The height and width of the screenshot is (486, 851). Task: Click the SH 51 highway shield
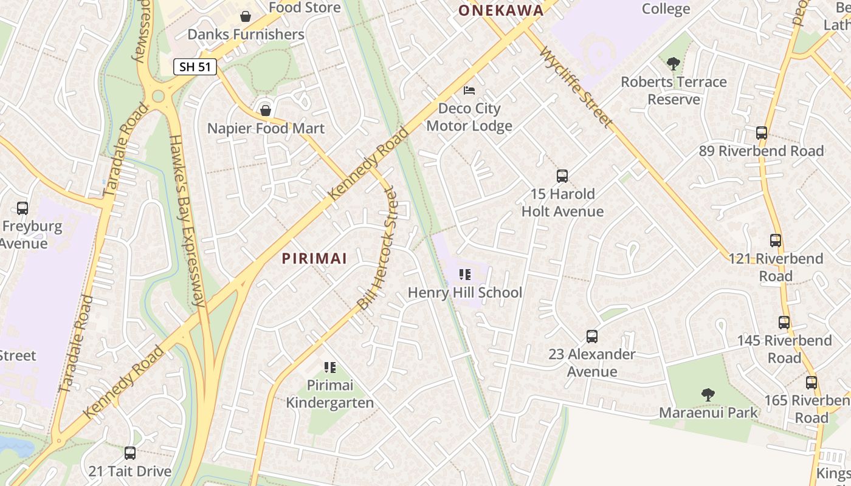195,67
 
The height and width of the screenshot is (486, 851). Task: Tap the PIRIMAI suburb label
314,259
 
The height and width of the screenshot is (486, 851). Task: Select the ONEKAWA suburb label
501,10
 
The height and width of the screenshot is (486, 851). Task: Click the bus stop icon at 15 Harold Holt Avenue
562,176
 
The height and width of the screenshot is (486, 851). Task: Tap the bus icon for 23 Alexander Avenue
592,337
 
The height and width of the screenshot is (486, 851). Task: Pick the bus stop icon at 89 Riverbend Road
762,133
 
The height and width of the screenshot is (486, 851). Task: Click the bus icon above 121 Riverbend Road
776,241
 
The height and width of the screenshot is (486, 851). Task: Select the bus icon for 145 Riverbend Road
784,323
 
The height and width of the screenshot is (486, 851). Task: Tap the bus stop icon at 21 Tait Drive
130,453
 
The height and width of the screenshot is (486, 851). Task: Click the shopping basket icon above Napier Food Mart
266,110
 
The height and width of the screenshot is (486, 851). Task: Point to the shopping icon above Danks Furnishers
246,16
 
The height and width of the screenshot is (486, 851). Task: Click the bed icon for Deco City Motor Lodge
469,91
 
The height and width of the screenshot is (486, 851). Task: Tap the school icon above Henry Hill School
465,275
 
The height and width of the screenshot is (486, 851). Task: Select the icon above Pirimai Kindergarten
330,367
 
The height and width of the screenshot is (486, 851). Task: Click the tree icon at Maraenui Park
708,395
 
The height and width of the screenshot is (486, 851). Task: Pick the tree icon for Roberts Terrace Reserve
674,63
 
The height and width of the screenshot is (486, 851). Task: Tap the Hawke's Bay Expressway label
186,219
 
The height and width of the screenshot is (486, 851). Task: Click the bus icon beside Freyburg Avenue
22,208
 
